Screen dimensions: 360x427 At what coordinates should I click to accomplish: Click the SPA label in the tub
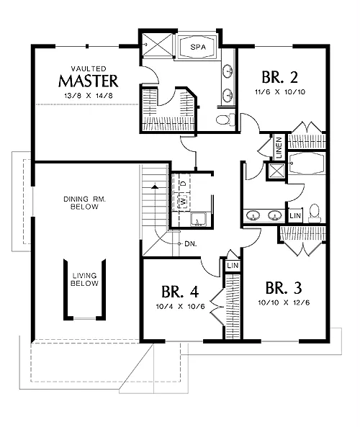[x=198, y=47]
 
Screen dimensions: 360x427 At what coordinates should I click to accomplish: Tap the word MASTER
[x=89, y=81]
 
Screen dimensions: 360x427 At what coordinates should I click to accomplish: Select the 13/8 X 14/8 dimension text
[x=89, y=96]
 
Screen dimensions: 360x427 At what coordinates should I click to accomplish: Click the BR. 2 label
[x=279, y=77]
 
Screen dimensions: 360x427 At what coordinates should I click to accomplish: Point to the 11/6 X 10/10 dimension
[x=280, y=92]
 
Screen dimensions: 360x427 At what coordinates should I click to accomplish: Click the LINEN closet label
[x=279, y=148]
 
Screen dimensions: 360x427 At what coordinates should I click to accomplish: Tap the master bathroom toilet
[x=225, y=120]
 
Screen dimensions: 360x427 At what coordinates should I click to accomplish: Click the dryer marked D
[x=184, y=184]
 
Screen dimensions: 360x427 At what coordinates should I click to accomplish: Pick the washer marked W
[x=184, y=202]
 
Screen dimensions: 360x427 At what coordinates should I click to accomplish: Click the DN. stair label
[x=191, y=244]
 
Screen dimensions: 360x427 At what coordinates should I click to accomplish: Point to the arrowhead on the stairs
[x=155, y=186]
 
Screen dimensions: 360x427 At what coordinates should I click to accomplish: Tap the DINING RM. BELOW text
[x=84, y=203]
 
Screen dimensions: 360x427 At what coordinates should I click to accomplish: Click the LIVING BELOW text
[x=84, y=279]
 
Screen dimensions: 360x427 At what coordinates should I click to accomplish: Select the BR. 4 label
[x=180, y=292]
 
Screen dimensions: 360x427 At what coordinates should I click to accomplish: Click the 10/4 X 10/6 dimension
[x=180, y=306]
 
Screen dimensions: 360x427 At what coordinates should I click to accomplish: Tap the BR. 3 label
[x=284, y=288]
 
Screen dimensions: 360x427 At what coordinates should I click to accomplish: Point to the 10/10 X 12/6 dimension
[x=284, y=302]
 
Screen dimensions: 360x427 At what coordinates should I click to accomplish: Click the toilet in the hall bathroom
[x=315, y=213]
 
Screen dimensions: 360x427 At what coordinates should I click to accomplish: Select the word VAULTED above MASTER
[x=89, y=68]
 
